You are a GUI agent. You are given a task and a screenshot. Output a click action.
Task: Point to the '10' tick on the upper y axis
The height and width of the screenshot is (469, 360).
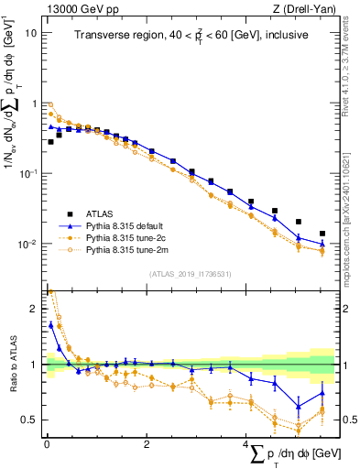pos(30,33)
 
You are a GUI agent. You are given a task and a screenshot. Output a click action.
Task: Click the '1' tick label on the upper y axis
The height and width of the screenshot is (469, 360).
pos(34,104)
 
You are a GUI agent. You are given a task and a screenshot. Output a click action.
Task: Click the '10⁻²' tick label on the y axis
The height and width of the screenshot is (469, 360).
pos(28,244)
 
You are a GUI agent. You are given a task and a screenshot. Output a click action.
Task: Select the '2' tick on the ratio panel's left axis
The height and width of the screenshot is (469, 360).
pos(34,309)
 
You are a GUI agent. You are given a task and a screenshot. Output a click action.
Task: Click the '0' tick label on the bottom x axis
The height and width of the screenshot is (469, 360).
pos(47,444)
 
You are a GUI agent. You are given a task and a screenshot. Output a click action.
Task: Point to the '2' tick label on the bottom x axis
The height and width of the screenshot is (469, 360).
pos(147,444)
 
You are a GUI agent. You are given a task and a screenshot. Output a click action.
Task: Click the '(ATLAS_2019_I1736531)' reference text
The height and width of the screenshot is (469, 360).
pos(190,273)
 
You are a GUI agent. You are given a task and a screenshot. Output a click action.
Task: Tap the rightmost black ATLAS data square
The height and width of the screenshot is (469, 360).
pos(322,234)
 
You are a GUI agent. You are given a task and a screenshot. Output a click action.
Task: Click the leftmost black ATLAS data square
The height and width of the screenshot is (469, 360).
pos(51,142)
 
